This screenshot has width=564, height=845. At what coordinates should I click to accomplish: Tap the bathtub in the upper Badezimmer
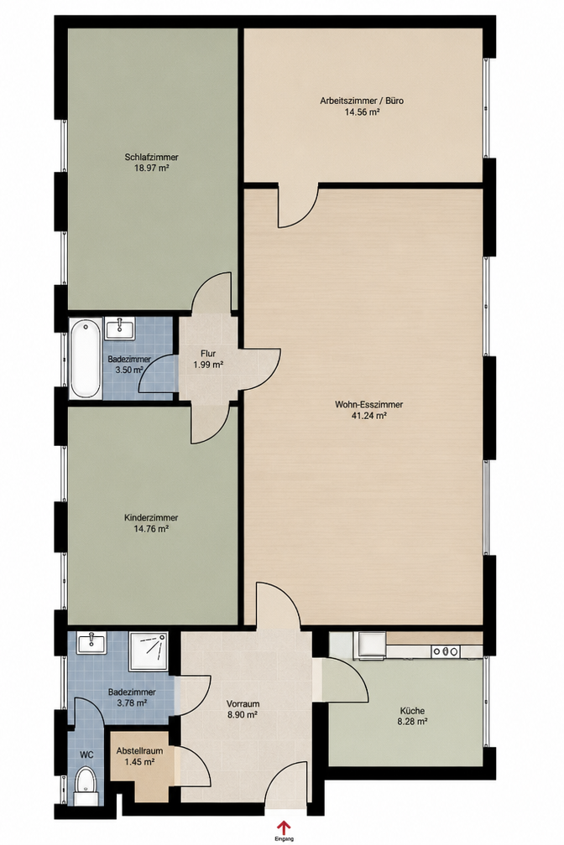[x=86, y=359]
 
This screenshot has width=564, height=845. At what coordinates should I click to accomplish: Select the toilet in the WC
[x=86, y=787]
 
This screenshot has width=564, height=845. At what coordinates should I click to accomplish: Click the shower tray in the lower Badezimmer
[x=149, y=651]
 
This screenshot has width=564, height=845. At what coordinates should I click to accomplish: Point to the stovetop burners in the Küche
[x=446, y=651]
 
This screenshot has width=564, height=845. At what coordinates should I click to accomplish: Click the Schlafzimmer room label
[x=152, y=158]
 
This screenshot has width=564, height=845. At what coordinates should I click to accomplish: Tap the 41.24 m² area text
[x=369, y=416]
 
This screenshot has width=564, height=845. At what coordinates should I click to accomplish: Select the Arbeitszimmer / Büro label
[x=362, y=101]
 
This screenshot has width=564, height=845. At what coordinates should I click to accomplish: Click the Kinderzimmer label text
[x=151, y=518]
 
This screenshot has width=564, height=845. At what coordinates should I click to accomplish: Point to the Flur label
[x=208, y=354]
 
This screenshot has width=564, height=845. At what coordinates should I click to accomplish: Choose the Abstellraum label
[x=140, y=751]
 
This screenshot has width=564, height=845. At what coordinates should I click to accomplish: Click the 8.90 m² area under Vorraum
[x=243, y=714]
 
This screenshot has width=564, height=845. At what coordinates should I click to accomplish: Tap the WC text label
[x=86, y=755]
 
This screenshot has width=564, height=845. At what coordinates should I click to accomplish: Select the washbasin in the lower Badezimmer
[x=92, y=642]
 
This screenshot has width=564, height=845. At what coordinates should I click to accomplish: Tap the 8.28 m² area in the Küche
[x=414, y=721]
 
